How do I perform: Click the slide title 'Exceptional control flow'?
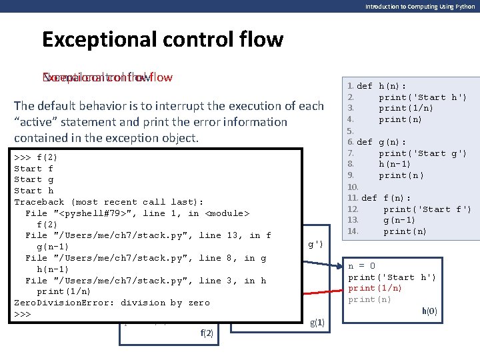pyautogui.click(x=162, y=39)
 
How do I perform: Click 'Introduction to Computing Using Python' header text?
pyautogui.click(x=419, y=6)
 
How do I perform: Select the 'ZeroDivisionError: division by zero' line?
pyautogui.click(x=112, y=303)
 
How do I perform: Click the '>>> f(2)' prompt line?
pyautogui.click(x=36, y=157)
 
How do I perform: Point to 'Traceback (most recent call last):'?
pyautogui.click(x=109, y=202)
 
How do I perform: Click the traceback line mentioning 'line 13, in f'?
pyautogui.click(x=148, y=235)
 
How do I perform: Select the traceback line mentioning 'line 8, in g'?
pyautogui.click(x=145, y=258)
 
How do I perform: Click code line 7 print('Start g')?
pyautogui.click(x=423, y=153)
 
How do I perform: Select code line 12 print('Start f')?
pyautogui.click(x=427, y=209)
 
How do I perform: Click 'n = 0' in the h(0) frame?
pyautogui.click(x=361, y=266)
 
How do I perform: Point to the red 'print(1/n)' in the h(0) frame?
pyautogui.click(x=375, y=288)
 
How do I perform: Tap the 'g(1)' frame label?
pyautogui.click(x=317, y=323)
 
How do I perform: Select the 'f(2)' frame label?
pyautogui.click(x=207, y=333)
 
